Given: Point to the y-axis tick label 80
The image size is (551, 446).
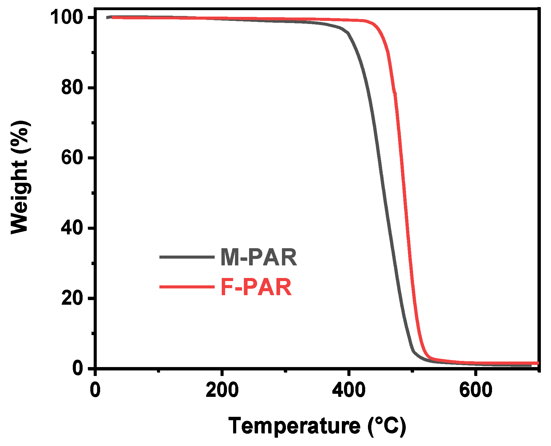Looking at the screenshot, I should coord(72,88).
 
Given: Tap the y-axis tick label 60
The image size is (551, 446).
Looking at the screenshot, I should coord(72,158).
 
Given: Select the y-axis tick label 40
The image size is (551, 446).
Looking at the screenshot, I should coord(72,228).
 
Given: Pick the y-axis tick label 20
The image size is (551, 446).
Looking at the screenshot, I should coord(72,298).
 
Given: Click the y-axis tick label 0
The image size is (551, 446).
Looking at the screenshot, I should coord(78,368).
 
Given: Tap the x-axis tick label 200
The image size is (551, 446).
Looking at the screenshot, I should coord(222,390).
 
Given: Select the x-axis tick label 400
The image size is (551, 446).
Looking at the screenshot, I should coord(349,390).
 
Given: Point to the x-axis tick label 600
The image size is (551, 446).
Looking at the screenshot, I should coord(475,390).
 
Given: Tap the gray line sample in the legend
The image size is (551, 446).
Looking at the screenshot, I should coord(186,257).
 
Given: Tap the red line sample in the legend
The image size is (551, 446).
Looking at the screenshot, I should coord(186,287).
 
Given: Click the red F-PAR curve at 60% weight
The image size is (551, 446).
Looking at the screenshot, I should coord(402,158).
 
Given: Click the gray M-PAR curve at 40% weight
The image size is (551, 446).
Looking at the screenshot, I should coord(389,228).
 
